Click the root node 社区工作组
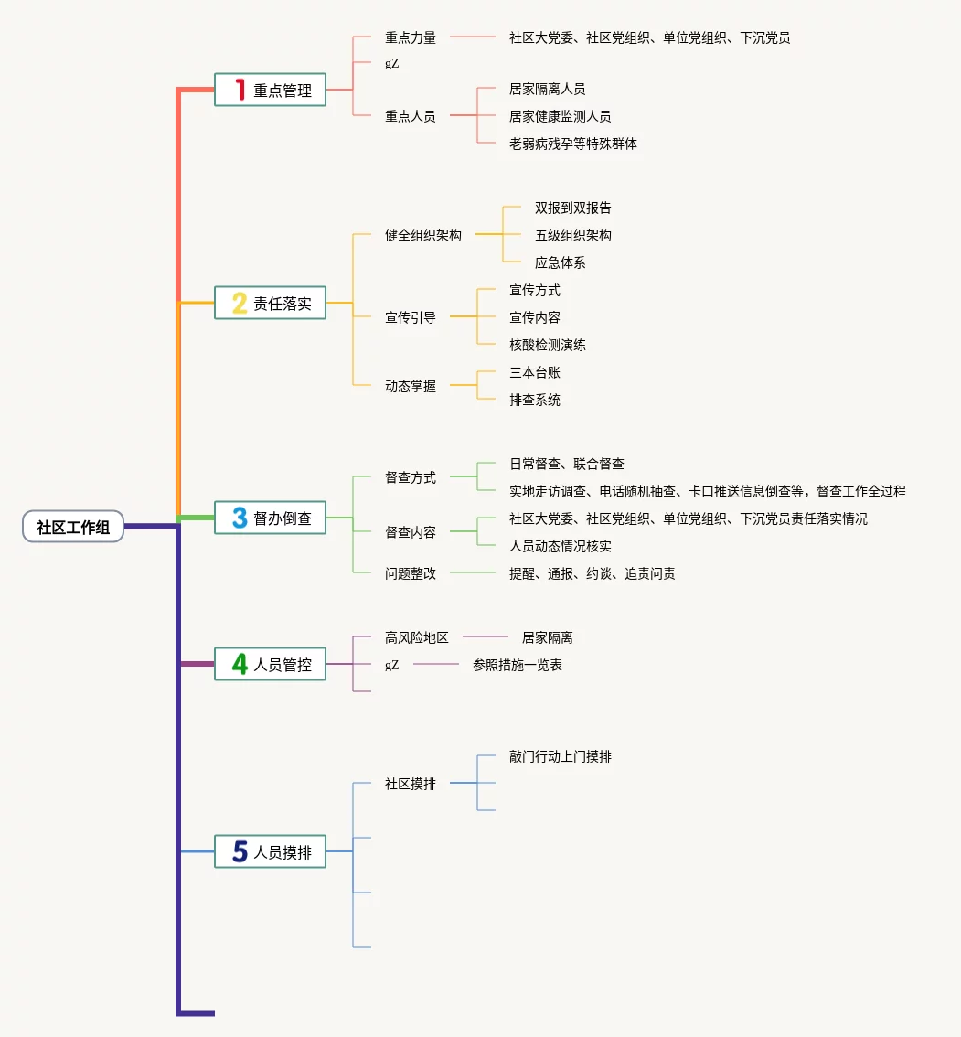pyautogui.click(x=73, y=527)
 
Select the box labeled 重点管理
pyautogui.click(x=270, y=90)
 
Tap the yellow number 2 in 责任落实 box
pyautogui.click(x=240, y=303)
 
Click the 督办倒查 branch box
pyautogui.click(x=270, y=518)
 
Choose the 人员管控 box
pyautogui.click(x=270, y=664)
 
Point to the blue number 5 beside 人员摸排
pyautogui.click(x=240, y=851)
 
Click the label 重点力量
pyautogui.click(x=410, y=37)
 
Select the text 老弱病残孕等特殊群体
pyautogui.click(x=572, y=144)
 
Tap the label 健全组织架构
pyautogui.click(x=423, y=235)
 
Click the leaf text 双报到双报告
pyautogui.click(x=572, y=208)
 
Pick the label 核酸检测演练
pyautogui.click(x=547, y=345)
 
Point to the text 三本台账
pyautogui.click(x=534, y=372)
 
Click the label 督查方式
pyautogui.click(x=410, y=476)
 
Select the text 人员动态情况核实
pyautogui.click(x=561, y=546)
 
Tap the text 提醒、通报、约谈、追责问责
pyautogui.click(x=592, y=573)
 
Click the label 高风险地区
pyautogui.click(x=417, y=636)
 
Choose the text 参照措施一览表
pyautogui.click(x=518, y=665)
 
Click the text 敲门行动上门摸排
pyautogui.click(x=561, y=756)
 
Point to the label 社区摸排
pyautogui.click(x=410, y=784)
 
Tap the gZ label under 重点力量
pyautogui.click(x=391, y=63)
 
